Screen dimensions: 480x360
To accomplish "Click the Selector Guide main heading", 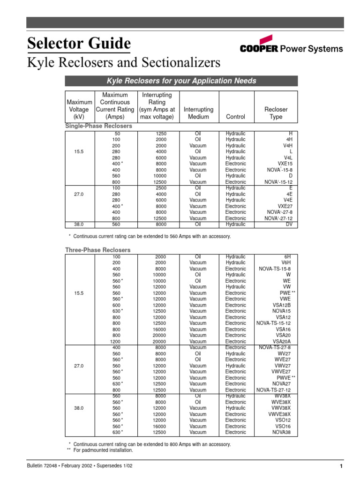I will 79,44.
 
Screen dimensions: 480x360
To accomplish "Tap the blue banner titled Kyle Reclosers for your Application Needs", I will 181,81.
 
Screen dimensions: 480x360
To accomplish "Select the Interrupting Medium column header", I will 199,113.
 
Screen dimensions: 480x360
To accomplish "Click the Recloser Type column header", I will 276,113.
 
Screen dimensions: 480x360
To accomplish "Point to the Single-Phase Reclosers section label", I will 98,127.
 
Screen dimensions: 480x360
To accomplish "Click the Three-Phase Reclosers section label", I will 97,250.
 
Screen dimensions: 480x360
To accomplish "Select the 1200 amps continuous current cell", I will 115,342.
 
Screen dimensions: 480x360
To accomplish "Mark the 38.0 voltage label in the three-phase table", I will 79,408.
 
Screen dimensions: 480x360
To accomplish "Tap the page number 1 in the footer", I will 342,466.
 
